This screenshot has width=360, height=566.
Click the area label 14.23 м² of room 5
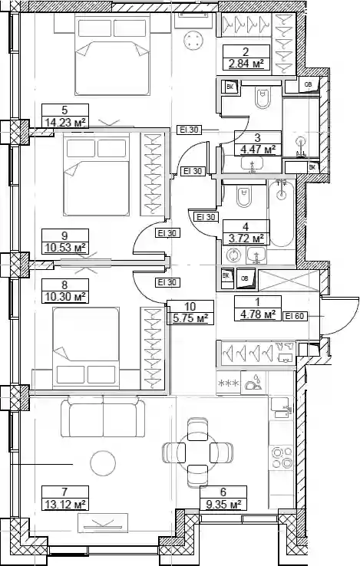[65, 122]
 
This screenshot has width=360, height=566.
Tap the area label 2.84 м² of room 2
[246, 64]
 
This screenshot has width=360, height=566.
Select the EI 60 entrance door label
[295, 317]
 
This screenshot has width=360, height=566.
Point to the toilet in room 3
[262, 97]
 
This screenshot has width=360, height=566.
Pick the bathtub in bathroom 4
[282, 213]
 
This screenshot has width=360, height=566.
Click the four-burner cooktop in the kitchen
[282, 457]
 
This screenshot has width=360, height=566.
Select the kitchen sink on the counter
[281, 409]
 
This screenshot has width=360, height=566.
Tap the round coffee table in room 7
[103, 463]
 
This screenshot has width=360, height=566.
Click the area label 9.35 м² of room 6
[223, 504]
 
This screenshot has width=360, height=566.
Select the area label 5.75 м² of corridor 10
[190, 319]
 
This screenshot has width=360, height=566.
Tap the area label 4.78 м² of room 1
[258, 314]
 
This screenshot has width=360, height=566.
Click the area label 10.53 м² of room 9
[65, 248]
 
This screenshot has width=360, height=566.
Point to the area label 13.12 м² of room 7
[65, 504]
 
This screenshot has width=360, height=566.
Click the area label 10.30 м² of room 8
[65, 297]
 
